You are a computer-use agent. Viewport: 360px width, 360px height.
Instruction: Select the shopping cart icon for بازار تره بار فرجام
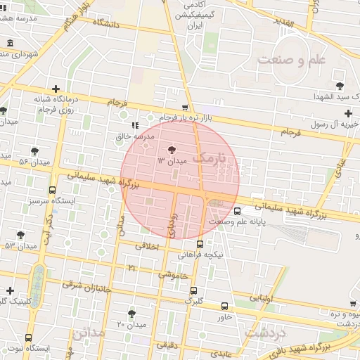coord(185,108)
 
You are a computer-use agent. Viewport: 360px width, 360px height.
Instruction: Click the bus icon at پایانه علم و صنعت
coord(236,211)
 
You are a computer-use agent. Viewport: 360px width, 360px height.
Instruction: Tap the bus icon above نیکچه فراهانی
coord(200,244)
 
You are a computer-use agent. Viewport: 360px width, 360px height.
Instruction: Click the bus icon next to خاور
coord(224,306)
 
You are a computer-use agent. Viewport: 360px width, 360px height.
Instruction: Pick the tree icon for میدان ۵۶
coord(35,150)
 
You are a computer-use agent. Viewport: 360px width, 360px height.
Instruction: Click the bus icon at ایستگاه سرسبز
coord(53,190)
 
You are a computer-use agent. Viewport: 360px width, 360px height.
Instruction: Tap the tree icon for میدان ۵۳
coord(20,235)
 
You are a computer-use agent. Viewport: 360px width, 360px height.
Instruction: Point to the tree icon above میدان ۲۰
coord(131,314)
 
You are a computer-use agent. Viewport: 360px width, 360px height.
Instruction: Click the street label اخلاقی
coord(147,247)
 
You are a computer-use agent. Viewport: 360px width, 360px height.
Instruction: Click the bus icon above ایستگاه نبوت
coord(29,337)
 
